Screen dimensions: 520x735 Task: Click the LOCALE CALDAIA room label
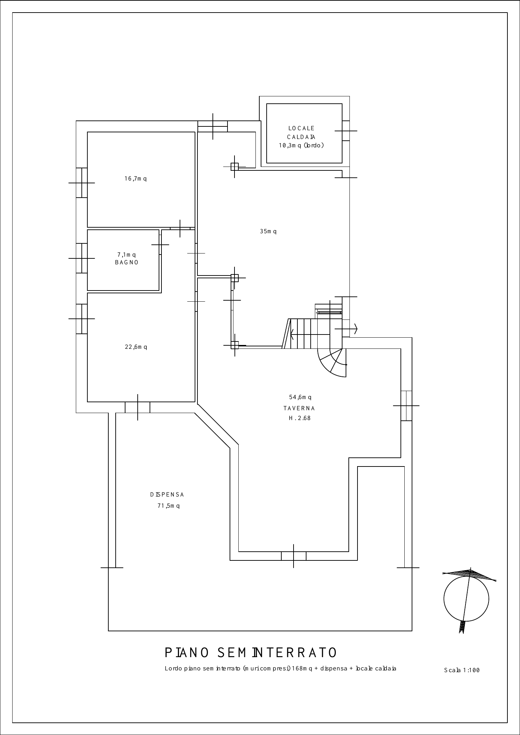point(301,133)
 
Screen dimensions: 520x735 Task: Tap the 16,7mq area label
point(136,179)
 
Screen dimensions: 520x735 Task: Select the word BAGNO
point(127,263)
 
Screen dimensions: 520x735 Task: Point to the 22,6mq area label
point(136,347)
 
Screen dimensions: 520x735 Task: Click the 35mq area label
point(268,231)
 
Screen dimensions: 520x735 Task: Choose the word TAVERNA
point(299,408)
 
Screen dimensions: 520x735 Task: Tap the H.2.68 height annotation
point(300,418)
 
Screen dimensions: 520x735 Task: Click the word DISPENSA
point(167,495)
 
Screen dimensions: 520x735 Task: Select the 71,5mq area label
point(168,506)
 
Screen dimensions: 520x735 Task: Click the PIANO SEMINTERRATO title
point(251,653)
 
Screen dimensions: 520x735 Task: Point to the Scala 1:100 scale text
point(462,670)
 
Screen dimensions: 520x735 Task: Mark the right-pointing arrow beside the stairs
point(346,329)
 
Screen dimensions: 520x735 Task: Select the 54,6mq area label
point(300,397)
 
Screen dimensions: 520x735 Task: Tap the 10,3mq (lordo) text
point(301,146)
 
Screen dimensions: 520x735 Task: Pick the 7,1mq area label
point(127,255)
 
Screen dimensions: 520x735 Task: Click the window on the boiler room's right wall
point(346,131)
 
